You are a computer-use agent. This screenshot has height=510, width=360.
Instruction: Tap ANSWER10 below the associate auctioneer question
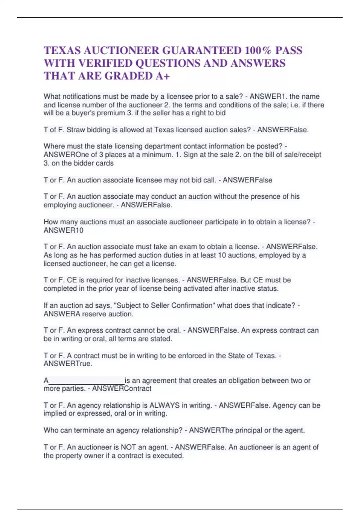[x=63, y=230]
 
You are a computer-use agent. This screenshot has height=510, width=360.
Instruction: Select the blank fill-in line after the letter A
[x=86, y=381]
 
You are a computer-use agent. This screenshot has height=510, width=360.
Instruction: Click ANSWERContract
[x=121, y=388]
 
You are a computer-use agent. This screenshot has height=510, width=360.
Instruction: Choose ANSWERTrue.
[x=68, y=364]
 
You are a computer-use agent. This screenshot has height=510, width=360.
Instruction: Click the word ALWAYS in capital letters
[x=164, y=405]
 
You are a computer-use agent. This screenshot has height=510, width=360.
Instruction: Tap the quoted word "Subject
[x=131, y=305]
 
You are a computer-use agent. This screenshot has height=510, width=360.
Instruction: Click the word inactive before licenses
[x=137, y=280]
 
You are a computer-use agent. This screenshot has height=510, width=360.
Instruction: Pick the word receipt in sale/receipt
[x=310, y=155]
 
